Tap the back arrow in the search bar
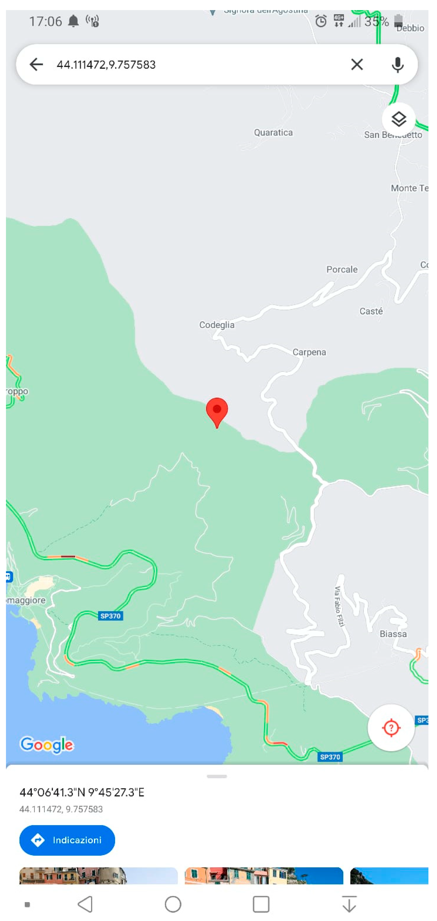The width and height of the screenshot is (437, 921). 36,65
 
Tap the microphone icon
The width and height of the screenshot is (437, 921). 397,65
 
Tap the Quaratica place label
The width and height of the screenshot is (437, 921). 273,133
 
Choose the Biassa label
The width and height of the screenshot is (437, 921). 393,634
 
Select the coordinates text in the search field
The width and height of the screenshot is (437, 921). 106,65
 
